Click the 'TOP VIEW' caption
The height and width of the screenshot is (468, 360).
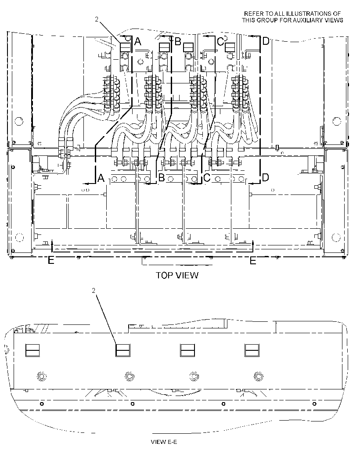click(177, 275)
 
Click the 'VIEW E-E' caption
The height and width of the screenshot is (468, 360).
click(164, 442)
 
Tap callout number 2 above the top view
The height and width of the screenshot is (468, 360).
click(97, 19)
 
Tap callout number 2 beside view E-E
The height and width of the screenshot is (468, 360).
click(94, 290)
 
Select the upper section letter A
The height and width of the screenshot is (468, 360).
click(137, 41)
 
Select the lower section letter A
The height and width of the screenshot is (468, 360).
click(101, 178)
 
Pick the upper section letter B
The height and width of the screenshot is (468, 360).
click(178, 41)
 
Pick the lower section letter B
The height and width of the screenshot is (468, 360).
click(162, 178)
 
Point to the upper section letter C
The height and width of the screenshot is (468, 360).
click(220, 41)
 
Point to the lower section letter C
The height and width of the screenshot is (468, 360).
click(207, 178)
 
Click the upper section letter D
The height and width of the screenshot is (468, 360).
click(266, 41)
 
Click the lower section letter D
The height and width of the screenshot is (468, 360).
click(265, 178)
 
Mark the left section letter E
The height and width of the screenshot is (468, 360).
click(51, 261)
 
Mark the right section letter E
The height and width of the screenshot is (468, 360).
click(253, 261)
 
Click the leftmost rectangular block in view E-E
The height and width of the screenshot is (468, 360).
click(32, 350)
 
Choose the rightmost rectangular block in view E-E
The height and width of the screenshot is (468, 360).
click(252, 350)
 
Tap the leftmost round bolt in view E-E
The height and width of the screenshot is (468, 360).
click(42, 376)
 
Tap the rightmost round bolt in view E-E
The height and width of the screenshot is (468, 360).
click(258, 376)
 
